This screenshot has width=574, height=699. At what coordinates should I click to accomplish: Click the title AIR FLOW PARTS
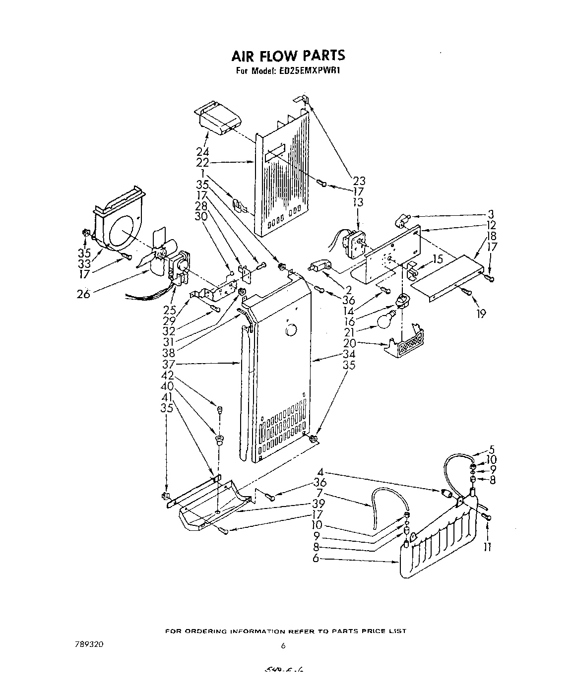click(x=287, y=55)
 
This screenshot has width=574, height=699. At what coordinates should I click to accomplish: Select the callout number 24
click(x=202, y=152)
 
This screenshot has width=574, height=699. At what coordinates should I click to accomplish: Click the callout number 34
click(x=349, y=354)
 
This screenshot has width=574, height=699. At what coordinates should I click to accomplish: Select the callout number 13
click(x=358, y=202)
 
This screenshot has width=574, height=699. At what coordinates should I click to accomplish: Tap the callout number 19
click(x=480, y=314)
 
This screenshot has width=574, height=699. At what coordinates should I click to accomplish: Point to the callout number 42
click(x=167, y=375)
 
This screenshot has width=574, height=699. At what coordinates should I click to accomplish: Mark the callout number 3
click(x=491, y=215)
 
